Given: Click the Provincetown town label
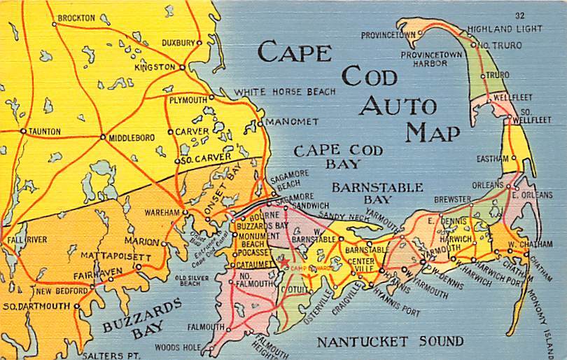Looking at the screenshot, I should [388, 34].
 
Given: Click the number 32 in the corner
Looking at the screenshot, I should [519, 15].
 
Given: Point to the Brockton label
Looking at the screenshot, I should [76, 18].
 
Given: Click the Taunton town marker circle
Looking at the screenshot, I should [23, 131].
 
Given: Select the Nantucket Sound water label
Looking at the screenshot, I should [389, 342].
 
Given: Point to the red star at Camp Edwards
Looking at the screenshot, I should [285, 263].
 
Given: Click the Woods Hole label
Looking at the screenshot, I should [177, 347].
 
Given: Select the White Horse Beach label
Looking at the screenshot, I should [284, 92].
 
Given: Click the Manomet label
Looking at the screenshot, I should [292, 122].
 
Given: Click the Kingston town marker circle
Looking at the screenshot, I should [182, 67].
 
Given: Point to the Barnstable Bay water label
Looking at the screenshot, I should [377, 193].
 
